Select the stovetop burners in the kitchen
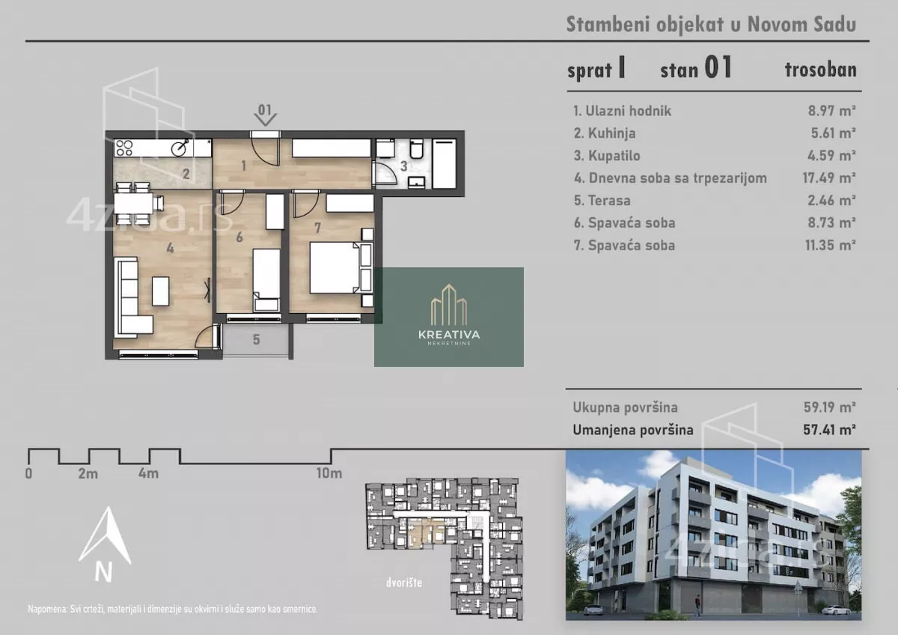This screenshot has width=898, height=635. (124, 148)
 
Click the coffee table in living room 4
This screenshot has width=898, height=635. (160, 291)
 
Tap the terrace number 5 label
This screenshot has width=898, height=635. (256, 340)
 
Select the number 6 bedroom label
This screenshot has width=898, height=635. (239, 237)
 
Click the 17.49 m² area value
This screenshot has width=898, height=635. (829, 177)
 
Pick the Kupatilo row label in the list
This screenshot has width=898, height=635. (614, 156)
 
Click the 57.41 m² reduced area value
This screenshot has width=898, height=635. (829, 430)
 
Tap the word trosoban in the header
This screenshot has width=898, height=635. (821, 70)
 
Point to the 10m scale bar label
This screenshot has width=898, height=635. (329, 473)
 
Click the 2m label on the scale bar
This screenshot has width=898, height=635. (88, 474)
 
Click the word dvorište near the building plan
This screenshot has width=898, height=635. (404, 583)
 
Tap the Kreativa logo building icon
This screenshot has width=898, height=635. (448, 305)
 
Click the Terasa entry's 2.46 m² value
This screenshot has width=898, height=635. (832, 200)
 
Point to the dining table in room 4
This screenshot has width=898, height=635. (133, 204)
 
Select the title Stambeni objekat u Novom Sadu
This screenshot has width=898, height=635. (711, 25)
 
